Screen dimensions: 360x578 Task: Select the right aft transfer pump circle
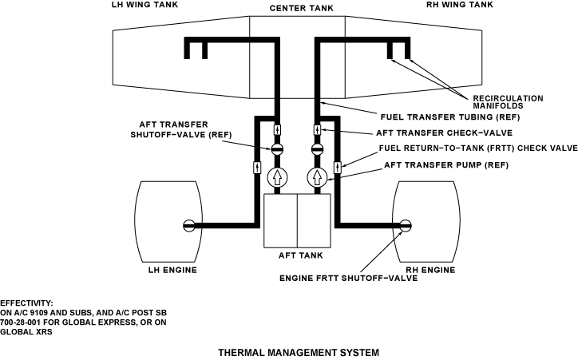tap(317, 177)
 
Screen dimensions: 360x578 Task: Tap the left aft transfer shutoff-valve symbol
tap(277, 148)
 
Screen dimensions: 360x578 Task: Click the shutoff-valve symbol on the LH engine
tap(189, 224)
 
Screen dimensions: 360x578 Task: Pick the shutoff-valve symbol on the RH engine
tap(406, 224)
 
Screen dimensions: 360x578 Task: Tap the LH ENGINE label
tap(172, 269)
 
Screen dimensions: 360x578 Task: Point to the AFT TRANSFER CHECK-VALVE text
tap(443, 133)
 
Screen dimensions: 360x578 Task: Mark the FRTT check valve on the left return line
tap(257, 167)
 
